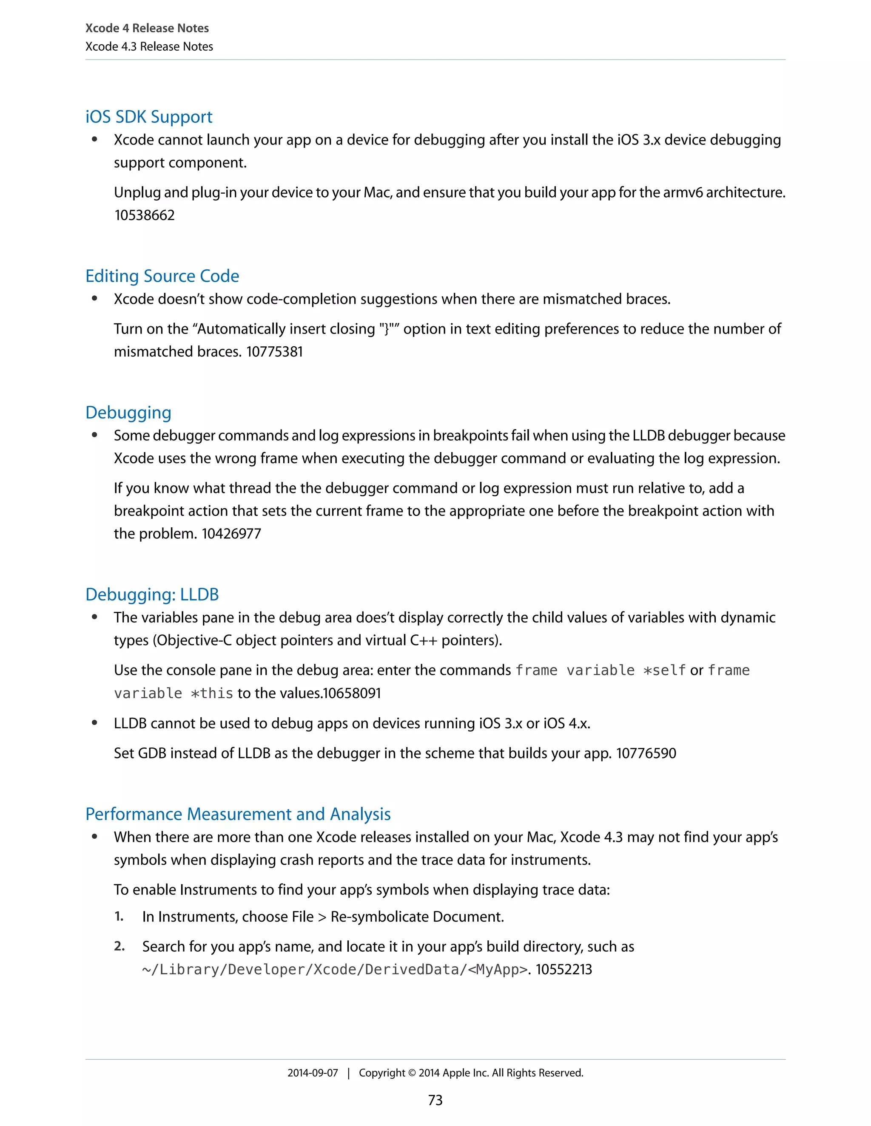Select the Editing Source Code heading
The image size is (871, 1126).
coord(162,276)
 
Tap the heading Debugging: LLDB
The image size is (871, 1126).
coord(152,594)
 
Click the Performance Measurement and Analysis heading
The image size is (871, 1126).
coord(238,814)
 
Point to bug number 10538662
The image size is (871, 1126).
coord(145,215)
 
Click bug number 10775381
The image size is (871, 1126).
coord(274,352)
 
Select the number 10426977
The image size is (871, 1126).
coord(231,534)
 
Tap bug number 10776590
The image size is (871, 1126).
coord(646,753)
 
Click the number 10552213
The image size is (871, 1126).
coord(564,970)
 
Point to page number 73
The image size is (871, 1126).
coord(435,1100)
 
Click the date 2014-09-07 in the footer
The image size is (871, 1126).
coord(313,1073)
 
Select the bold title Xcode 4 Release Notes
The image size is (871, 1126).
coord(147,28)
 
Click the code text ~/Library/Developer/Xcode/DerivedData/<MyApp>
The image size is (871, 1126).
coord(334,970)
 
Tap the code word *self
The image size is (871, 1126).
coord(665,670)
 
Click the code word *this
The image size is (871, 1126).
coord(212,693)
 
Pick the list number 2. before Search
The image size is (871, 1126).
coord(119,947)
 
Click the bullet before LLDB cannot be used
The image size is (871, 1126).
coord(94,723)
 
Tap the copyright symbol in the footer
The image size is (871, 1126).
coord(411,1073)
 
